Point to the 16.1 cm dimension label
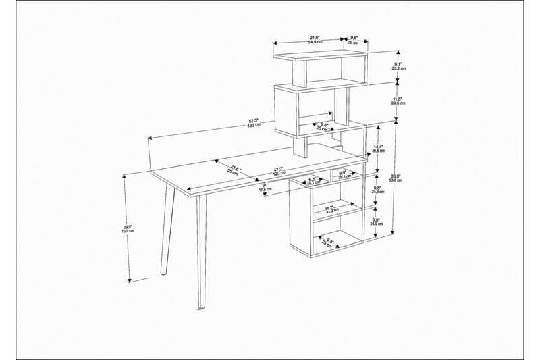click(x=312, y=181)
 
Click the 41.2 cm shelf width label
click(x=331, y=209)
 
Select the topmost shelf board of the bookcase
click(x=321, y=55)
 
